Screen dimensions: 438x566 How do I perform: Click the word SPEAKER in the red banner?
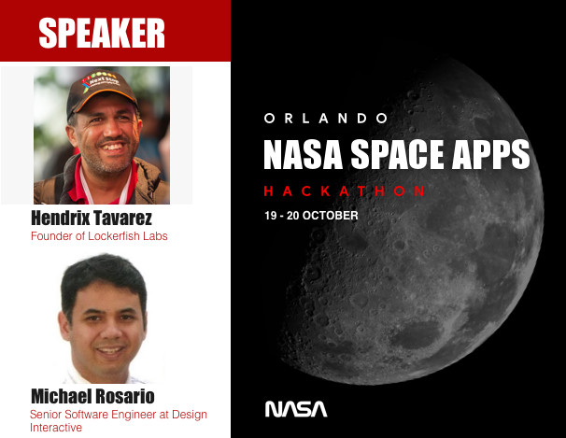[102, 34]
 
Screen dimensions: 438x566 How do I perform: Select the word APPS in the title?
[495, 153]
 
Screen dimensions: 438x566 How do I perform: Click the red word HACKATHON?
[345, 191]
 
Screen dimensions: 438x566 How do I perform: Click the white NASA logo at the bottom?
[296, 408]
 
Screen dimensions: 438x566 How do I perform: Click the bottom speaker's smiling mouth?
[109, 353]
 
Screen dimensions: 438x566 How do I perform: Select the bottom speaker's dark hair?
[103, 276]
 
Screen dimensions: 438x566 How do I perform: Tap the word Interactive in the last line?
[57, 428]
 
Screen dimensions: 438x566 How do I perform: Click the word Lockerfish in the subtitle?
[113, 236]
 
